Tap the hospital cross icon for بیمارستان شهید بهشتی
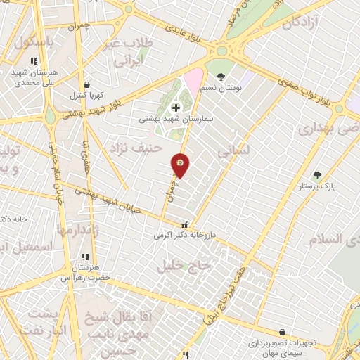click(x=176, y=108)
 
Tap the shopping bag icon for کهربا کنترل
click(x=86, y=83)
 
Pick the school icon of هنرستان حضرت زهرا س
click(x=86, y=257)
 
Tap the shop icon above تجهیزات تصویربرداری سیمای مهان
click(x=282, y=331)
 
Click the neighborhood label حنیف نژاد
click(x=135, y=148)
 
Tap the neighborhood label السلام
click(x=333, y=239)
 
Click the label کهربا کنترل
click(x=86, y=94)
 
